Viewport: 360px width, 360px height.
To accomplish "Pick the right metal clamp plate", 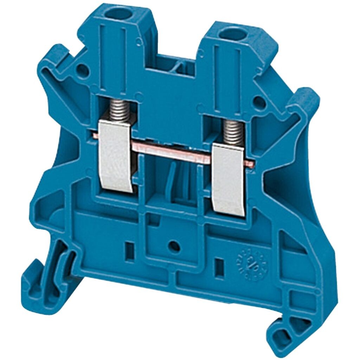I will point(228,179).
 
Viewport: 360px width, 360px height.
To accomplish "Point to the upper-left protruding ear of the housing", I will point(58,58).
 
